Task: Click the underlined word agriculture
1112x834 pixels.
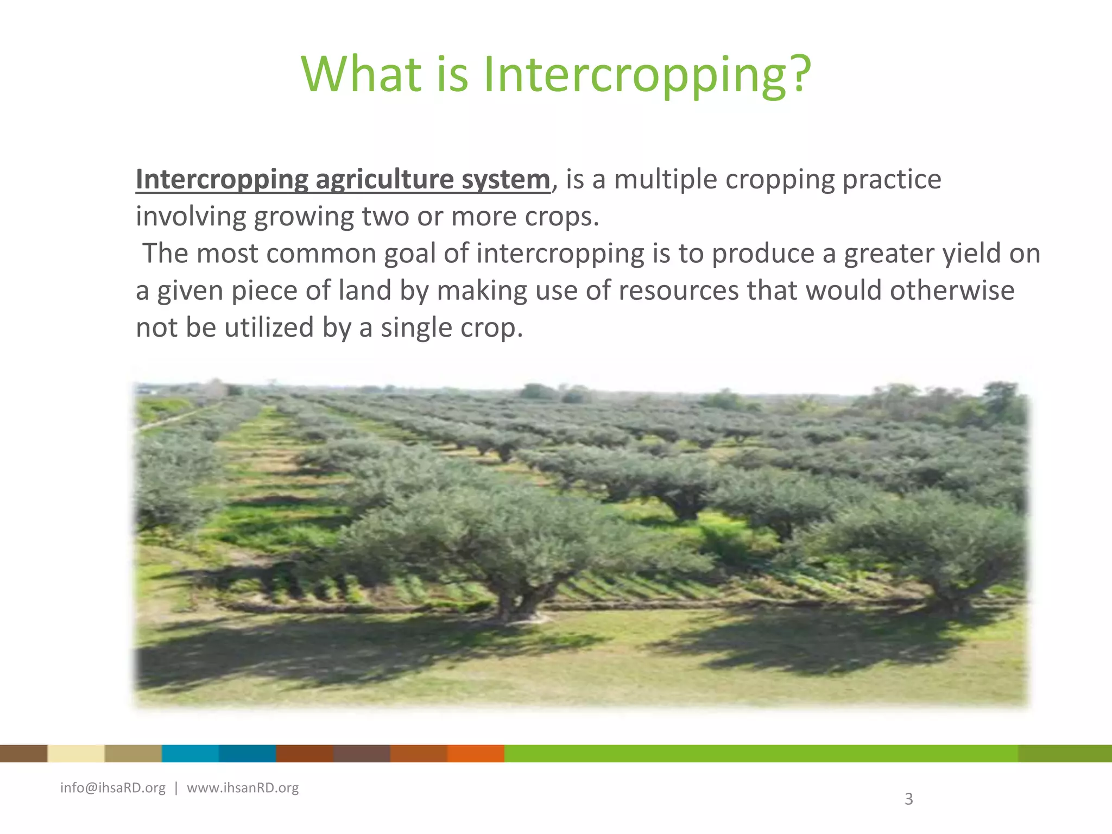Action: (384, 180)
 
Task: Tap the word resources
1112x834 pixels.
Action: (678, 290)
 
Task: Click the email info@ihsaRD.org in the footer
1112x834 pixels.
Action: (113, 788)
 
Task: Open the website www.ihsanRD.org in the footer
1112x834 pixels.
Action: (243, 788)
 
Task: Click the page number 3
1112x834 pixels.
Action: (908, 799)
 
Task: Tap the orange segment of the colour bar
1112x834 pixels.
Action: (476, 754)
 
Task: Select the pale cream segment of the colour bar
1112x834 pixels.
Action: (76, 754)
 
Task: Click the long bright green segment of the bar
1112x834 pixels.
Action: (760, 754)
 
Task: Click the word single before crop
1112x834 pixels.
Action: (416, 327)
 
